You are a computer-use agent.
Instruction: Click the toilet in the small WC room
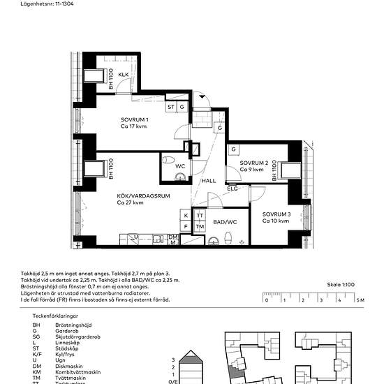(x=170, y=161)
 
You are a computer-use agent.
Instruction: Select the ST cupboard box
(x=170, y=107)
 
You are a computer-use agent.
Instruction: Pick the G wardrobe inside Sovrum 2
(x=234, y=149)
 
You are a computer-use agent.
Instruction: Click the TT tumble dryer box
(x=200, y=216)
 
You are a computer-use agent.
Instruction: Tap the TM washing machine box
(x=200, y=227)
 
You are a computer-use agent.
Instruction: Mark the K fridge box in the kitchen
(x=186, y=216)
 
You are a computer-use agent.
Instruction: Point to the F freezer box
(x=186, y=227)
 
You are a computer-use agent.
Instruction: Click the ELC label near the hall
(x=233, y=189)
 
